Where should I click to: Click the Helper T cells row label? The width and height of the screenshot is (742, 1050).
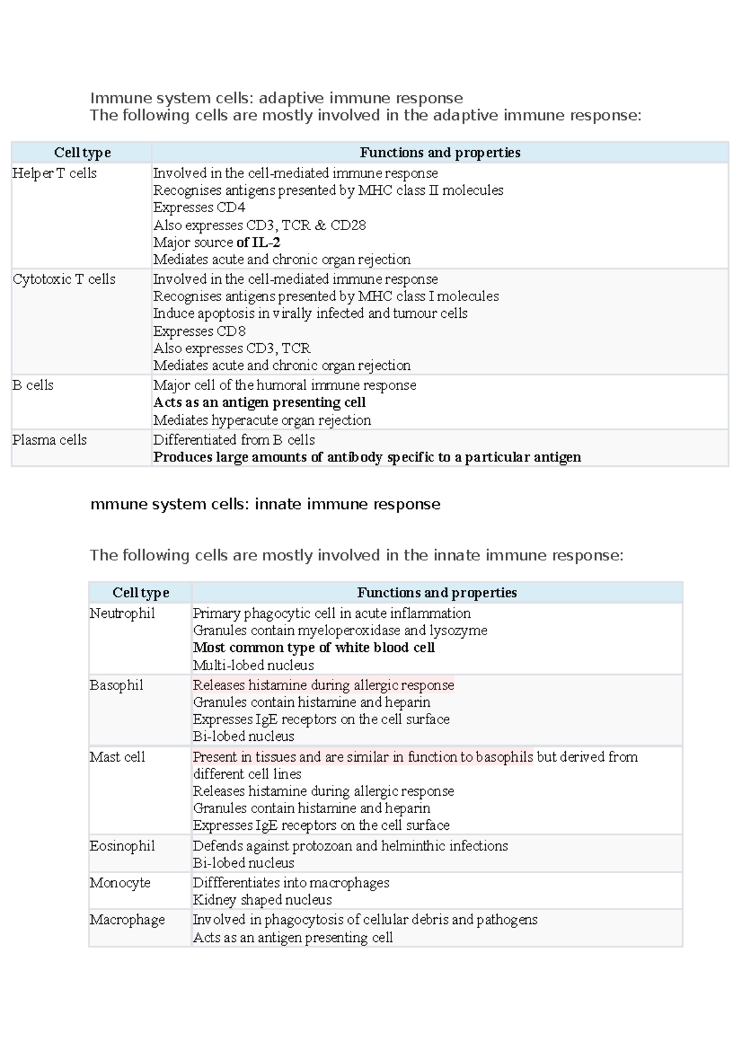(54, 173)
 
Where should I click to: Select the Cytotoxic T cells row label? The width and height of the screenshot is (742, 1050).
(64, 279)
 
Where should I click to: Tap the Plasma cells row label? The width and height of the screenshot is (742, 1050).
(49, 440)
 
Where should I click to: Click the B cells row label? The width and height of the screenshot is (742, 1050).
(33, 385)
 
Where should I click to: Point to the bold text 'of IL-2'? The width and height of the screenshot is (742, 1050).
(258, 242)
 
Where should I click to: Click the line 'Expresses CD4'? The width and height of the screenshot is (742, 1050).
(199, 207)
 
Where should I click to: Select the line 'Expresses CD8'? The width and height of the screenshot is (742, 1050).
(199, 331)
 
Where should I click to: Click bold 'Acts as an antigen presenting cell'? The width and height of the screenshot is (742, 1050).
(259, 403)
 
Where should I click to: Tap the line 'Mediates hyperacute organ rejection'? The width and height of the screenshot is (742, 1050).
(262, 420)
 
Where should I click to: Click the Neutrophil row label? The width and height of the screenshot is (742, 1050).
(122, 613)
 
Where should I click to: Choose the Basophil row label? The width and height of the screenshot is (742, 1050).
(116, 685)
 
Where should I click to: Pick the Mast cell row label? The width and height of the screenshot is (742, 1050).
(117, 757)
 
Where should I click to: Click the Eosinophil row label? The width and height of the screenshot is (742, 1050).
(122, 846)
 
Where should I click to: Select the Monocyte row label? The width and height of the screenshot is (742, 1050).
(120, 883)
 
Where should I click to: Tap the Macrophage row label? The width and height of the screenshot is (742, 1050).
(127, 920)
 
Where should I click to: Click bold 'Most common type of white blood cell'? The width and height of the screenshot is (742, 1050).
(313, 647)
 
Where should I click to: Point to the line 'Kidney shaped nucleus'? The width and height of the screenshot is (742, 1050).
(262, 900)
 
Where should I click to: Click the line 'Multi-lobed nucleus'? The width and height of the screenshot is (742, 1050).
(254, 665)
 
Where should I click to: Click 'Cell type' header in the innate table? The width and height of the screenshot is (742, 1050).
(140, 592)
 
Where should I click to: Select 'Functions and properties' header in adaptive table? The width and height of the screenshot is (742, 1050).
(440, 153)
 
